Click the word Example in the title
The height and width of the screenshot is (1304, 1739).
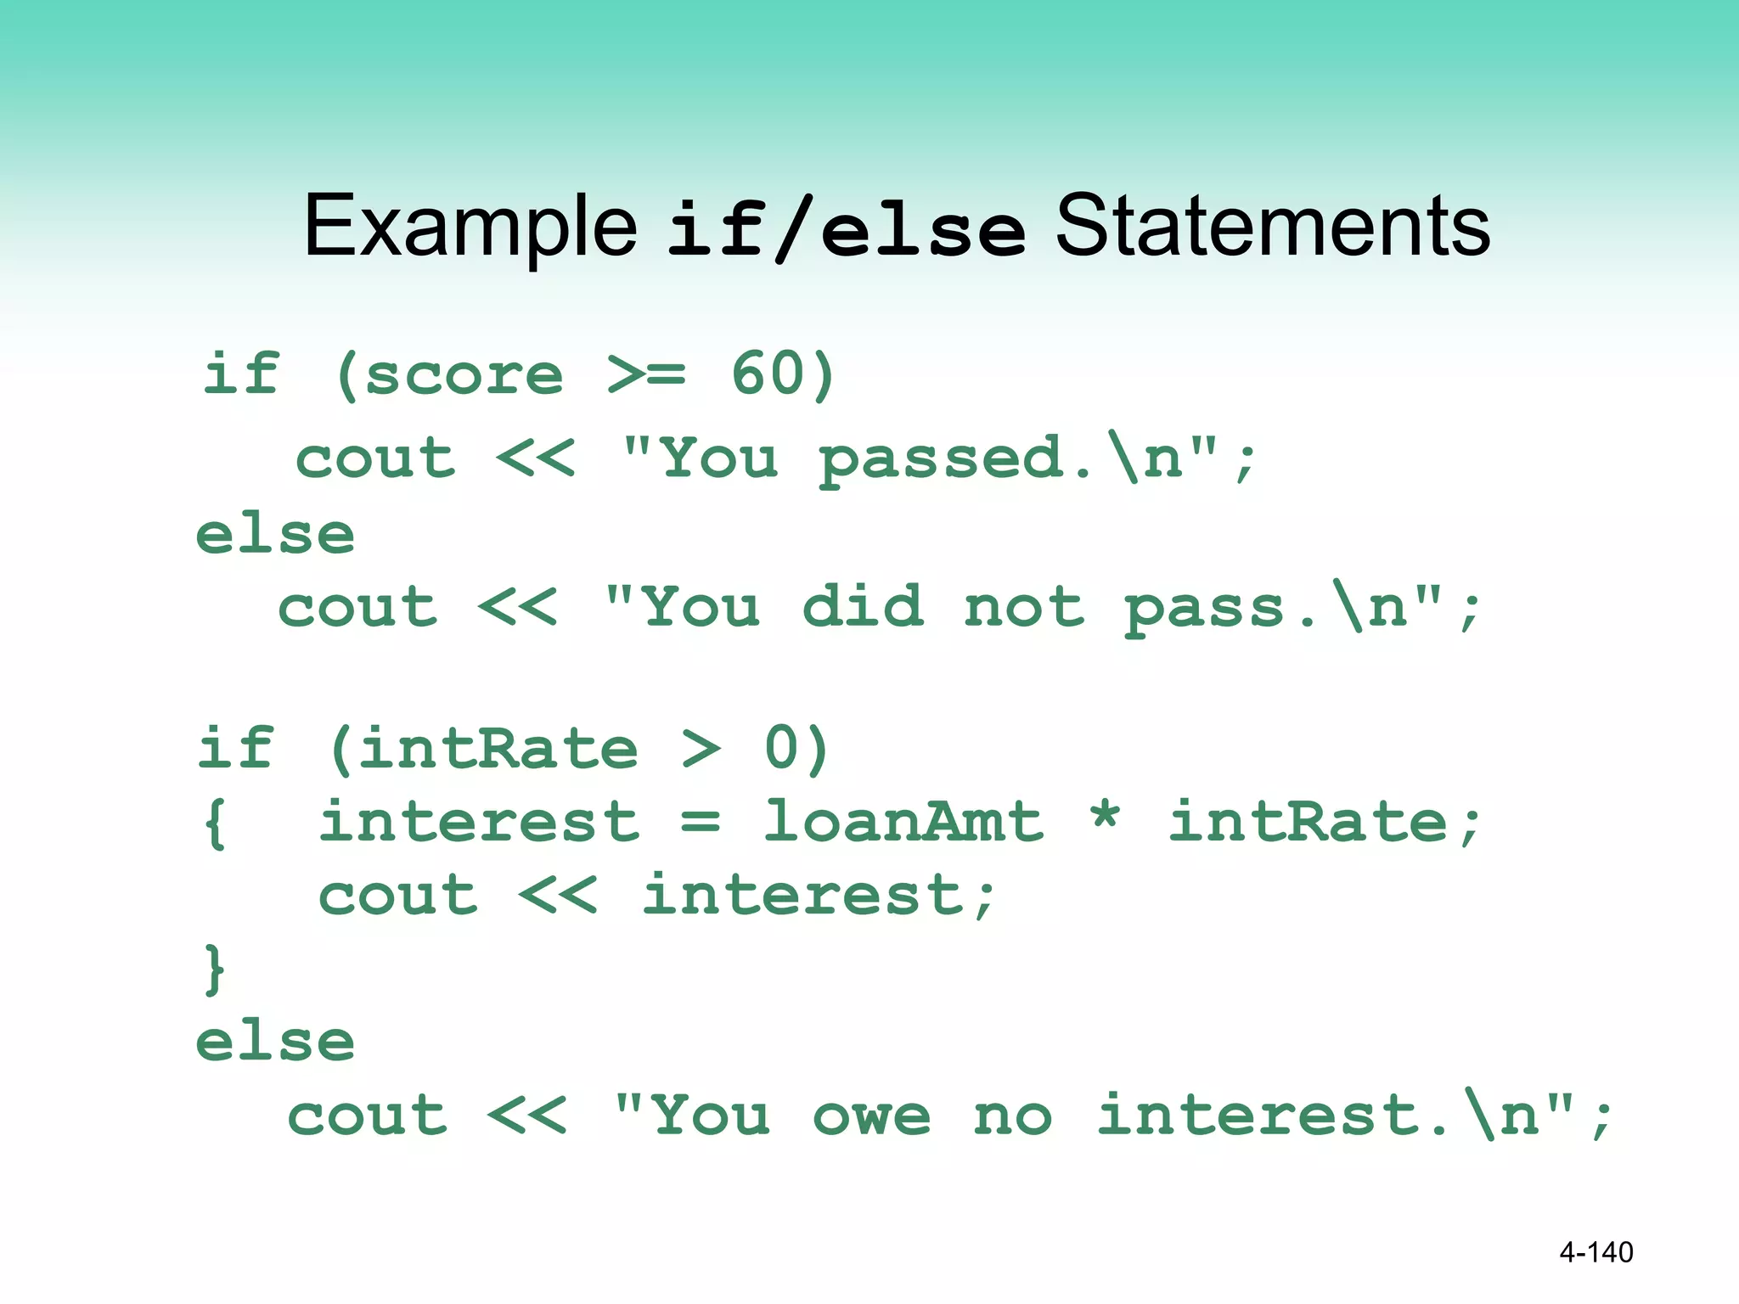[x=470, y=226]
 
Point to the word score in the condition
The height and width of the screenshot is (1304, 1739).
[x=464, y=375]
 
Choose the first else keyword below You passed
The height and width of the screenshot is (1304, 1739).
[x=275, y=535]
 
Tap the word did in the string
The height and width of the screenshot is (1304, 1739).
[x=863, y=607]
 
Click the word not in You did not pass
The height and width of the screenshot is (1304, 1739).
[x=1024, y=608]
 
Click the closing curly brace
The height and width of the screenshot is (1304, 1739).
[x=214, y=969]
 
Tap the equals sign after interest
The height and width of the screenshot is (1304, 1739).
[x=701, y=822]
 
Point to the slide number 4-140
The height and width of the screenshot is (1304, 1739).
[x=1595, y=1252]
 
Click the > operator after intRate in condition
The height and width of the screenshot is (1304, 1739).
[x=701, y=749]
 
